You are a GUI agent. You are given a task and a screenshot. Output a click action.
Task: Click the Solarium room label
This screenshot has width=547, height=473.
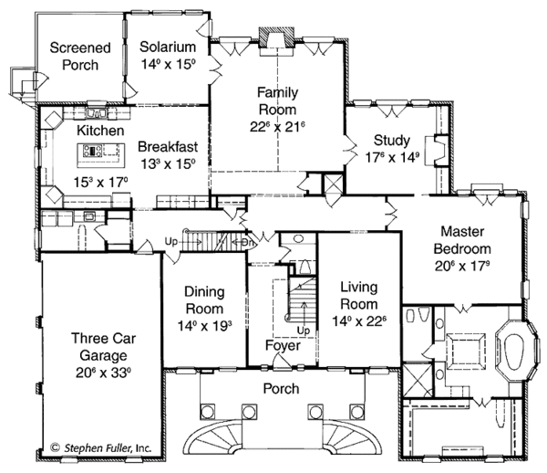[168, 47]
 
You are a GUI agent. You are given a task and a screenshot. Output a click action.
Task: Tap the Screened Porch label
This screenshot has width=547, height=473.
[80, 57]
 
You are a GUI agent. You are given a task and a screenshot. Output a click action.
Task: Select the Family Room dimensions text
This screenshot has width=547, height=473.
[278, 127]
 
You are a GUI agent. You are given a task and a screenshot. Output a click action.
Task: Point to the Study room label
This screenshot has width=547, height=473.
[392, 140]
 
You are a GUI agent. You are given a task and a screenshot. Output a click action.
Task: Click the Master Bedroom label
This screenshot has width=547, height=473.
[462, 240]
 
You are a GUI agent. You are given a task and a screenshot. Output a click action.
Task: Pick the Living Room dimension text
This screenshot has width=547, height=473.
[359, 321]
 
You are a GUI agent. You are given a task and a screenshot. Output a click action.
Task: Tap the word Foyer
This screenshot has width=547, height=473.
[283, 345]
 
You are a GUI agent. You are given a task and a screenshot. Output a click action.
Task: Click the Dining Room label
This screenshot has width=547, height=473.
[204, 300]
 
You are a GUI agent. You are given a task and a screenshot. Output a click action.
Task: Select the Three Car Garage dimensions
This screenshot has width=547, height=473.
[103, 373]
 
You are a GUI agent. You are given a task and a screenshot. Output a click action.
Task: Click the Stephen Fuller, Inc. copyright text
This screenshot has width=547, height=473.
[101, 447]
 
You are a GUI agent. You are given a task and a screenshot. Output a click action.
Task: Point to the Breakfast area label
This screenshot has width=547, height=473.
[168, 147]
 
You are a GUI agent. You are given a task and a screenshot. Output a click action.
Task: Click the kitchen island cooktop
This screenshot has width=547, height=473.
[92, 151]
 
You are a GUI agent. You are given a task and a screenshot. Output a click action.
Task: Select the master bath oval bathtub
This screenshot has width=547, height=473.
[514, 352]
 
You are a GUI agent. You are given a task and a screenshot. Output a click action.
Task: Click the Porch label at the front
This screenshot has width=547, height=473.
[281, 388]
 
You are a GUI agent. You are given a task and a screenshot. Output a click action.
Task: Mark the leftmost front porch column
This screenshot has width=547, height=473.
[207, 412]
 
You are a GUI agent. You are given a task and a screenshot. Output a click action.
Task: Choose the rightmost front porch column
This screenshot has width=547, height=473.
[356, 412]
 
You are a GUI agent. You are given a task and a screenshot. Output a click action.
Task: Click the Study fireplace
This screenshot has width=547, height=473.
[436, 150]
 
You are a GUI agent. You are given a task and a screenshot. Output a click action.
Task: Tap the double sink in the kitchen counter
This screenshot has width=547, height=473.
[97, 113]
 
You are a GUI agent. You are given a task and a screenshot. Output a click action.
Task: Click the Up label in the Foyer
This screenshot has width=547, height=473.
[304, 331]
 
